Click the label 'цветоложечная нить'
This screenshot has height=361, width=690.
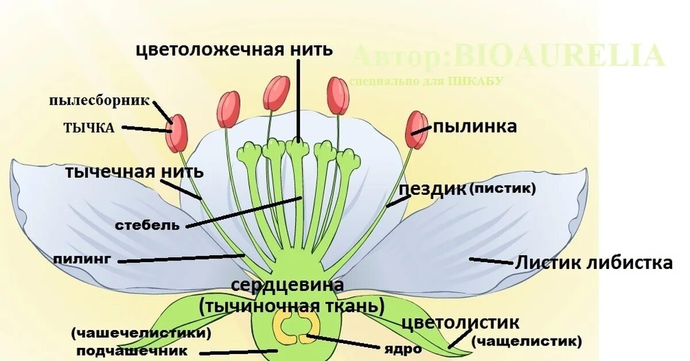[234, 50]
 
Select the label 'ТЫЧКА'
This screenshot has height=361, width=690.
[89, 128]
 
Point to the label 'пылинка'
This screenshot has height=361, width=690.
[474, 126]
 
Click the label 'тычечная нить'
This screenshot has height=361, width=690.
[133, 171]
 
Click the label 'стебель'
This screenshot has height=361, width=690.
[147, 225]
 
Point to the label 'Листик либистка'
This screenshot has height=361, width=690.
[593, 263]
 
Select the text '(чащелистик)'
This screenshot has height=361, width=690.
[526, 341]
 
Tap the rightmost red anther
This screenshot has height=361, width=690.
[416, 129]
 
